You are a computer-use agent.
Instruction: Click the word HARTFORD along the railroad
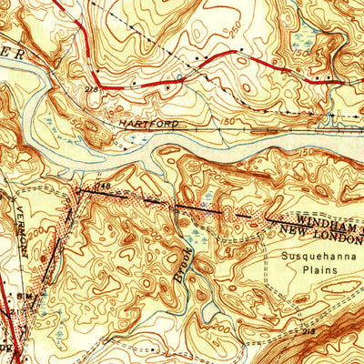(x=146, y=122)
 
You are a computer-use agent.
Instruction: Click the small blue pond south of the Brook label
(x=197, y=293)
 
